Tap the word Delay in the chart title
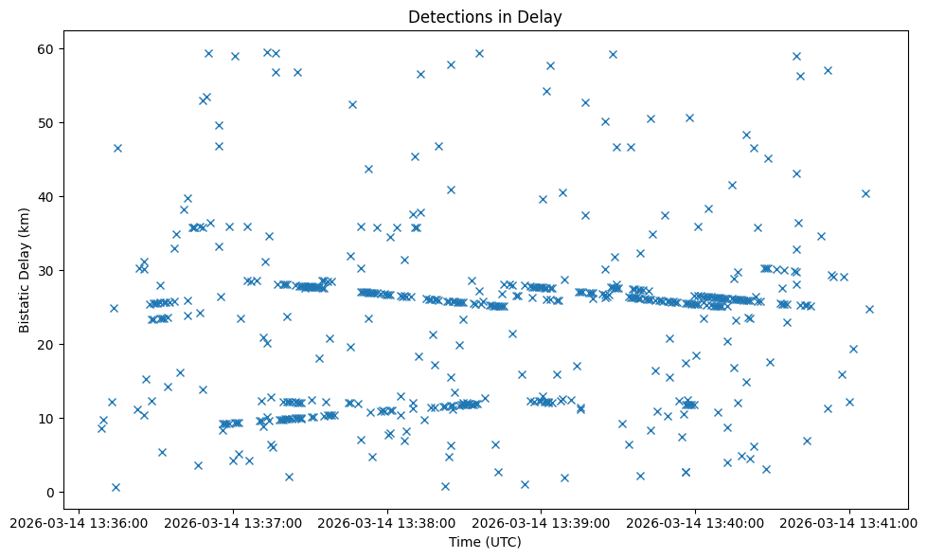pos(543,16)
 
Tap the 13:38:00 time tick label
pos(387,522)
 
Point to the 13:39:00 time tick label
pos(542,522)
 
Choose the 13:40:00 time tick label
pos(696,522)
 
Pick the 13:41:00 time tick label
pos(849,522)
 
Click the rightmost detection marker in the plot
pos(869,309)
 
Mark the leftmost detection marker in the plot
pos(101,428)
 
